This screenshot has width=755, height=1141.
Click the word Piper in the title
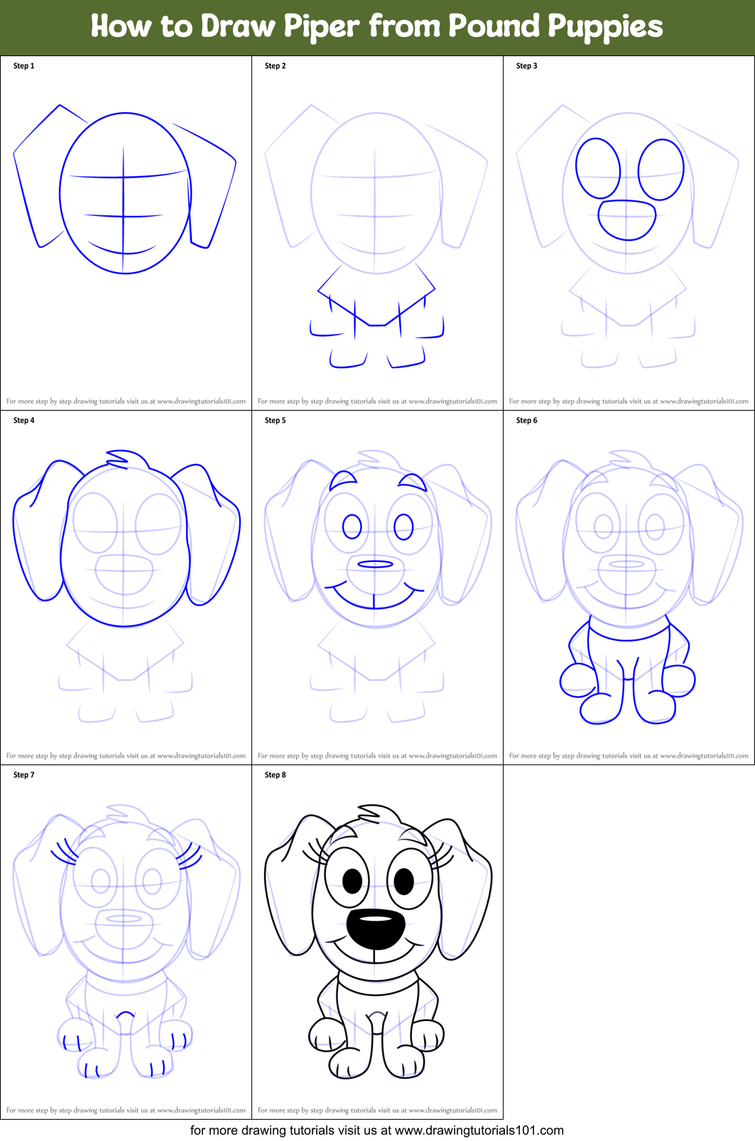coord(322,27)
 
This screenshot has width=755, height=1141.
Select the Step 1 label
coord(23,66)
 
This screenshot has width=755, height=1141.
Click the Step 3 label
coord(526,66)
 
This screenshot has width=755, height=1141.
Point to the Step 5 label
coord(275,421)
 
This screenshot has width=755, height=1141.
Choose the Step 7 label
coord(23,775)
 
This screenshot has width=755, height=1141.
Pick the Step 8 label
coord(275,775)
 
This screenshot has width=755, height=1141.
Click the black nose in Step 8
coord(375,928)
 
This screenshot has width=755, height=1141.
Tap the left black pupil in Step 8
coord(352,882)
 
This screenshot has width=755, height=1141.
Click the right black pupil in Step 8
coord(403,882)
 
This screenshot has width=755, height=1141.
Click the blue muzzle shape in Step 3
coord(626,220)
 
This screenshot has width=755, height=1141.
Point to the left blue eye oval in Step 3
coord(598,168)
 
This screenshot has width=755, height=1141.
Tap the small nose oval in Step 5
coord(375,564)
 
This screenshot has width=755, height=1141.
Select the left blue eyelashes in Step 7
coord(64,850)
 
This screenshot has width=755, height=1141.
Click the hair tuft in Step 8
coord(378,813)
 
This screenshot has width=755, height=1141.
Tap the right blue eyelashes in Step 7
coord(189,855)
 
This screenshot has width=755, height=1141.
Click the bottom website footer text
coord(376,1130)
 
